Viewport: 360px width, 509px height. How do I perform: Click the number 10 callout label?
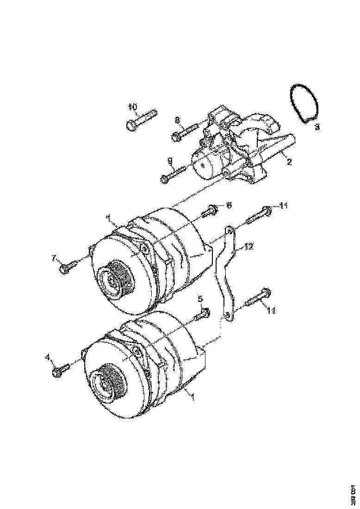coord(132,107)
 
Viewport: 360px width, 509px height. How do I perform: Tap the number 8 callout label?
coord(177,120)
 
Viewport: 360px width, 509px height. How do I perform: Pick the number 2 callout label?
coord(289,162)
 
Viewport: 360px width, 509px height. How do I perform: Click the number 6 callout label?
coord(229,204)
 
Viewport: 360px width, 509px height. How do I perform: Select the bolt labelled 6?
coord(210,211)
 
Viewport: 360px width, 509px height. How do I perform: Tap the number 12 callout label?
coord(249,247)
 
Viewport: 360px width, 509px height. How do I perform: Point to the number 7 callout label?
coord(54,257)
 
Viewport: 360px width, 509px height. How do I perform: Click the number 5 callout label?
coord(200,299)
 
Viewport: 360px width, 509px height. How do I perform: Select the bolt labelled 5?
coord(201,315)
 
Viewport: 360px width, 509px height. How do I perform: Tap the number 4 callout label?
coord(47,356)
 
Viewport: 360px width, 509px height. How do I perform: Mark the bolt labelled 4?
coord(61,369)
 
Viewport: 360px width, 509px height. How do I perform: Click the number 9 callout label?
coord(170,160)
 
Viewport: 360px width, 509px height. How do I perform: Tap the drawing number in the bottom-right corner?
coord(353,494)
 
